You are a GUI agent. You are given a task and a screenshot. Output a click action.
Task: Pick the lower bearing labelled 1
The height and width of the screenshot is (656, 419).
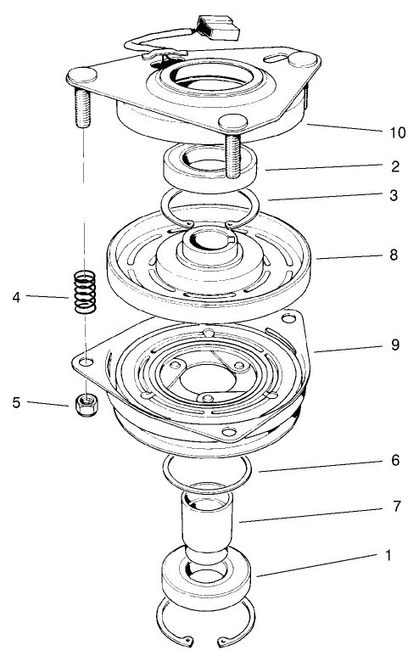207,581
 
